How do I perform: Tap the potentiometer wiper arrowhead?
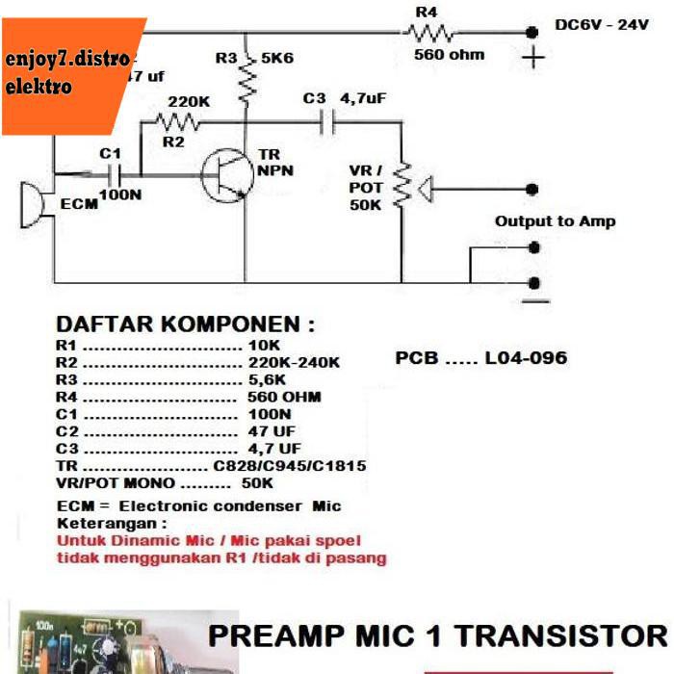424,191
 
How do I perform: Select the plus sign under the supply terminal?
531,59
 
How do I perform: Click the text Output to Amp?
555,221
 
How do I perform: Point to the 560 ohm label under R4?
449,55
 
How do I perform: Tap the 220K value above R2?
188,100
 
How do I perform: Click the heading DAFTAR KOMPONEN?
185,324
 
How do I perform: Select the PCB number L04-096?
526,358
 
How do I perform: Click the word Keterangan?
112,523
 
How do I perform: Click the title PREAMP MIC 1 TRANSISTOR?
437,636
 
